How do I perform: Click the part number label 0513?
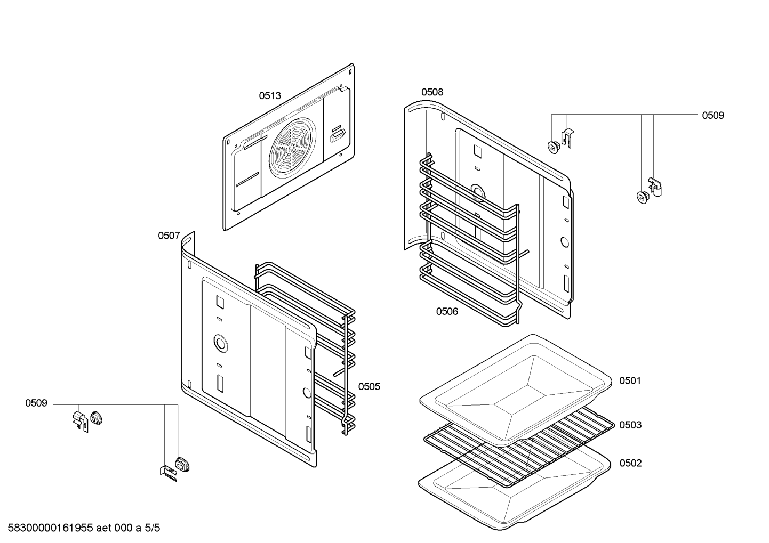tap(270, 96)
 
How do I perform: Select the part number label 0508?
tap(432, 92)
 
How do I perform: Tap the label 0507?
tap(169, 236)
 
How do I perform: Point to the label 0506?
tap(447, 312)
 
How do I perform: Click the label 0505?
tap(369, 387)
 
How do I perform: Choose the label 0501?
tap(630, 381)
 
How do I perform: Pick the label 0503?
tap(630, 425)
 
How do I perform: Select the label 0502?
tap(630, 464)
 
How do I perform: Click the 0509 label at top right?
tap(712, 116)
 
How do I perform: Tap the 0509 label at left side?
tap(36, 403)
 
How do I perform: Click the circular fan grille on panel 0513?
tap(292, 148)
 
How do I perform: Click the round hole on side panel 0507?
tap(219, 342)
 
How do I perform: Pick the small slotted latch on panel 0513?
tap(338, 134)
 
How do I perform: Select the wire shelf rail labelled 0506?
tap(469, 240)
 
